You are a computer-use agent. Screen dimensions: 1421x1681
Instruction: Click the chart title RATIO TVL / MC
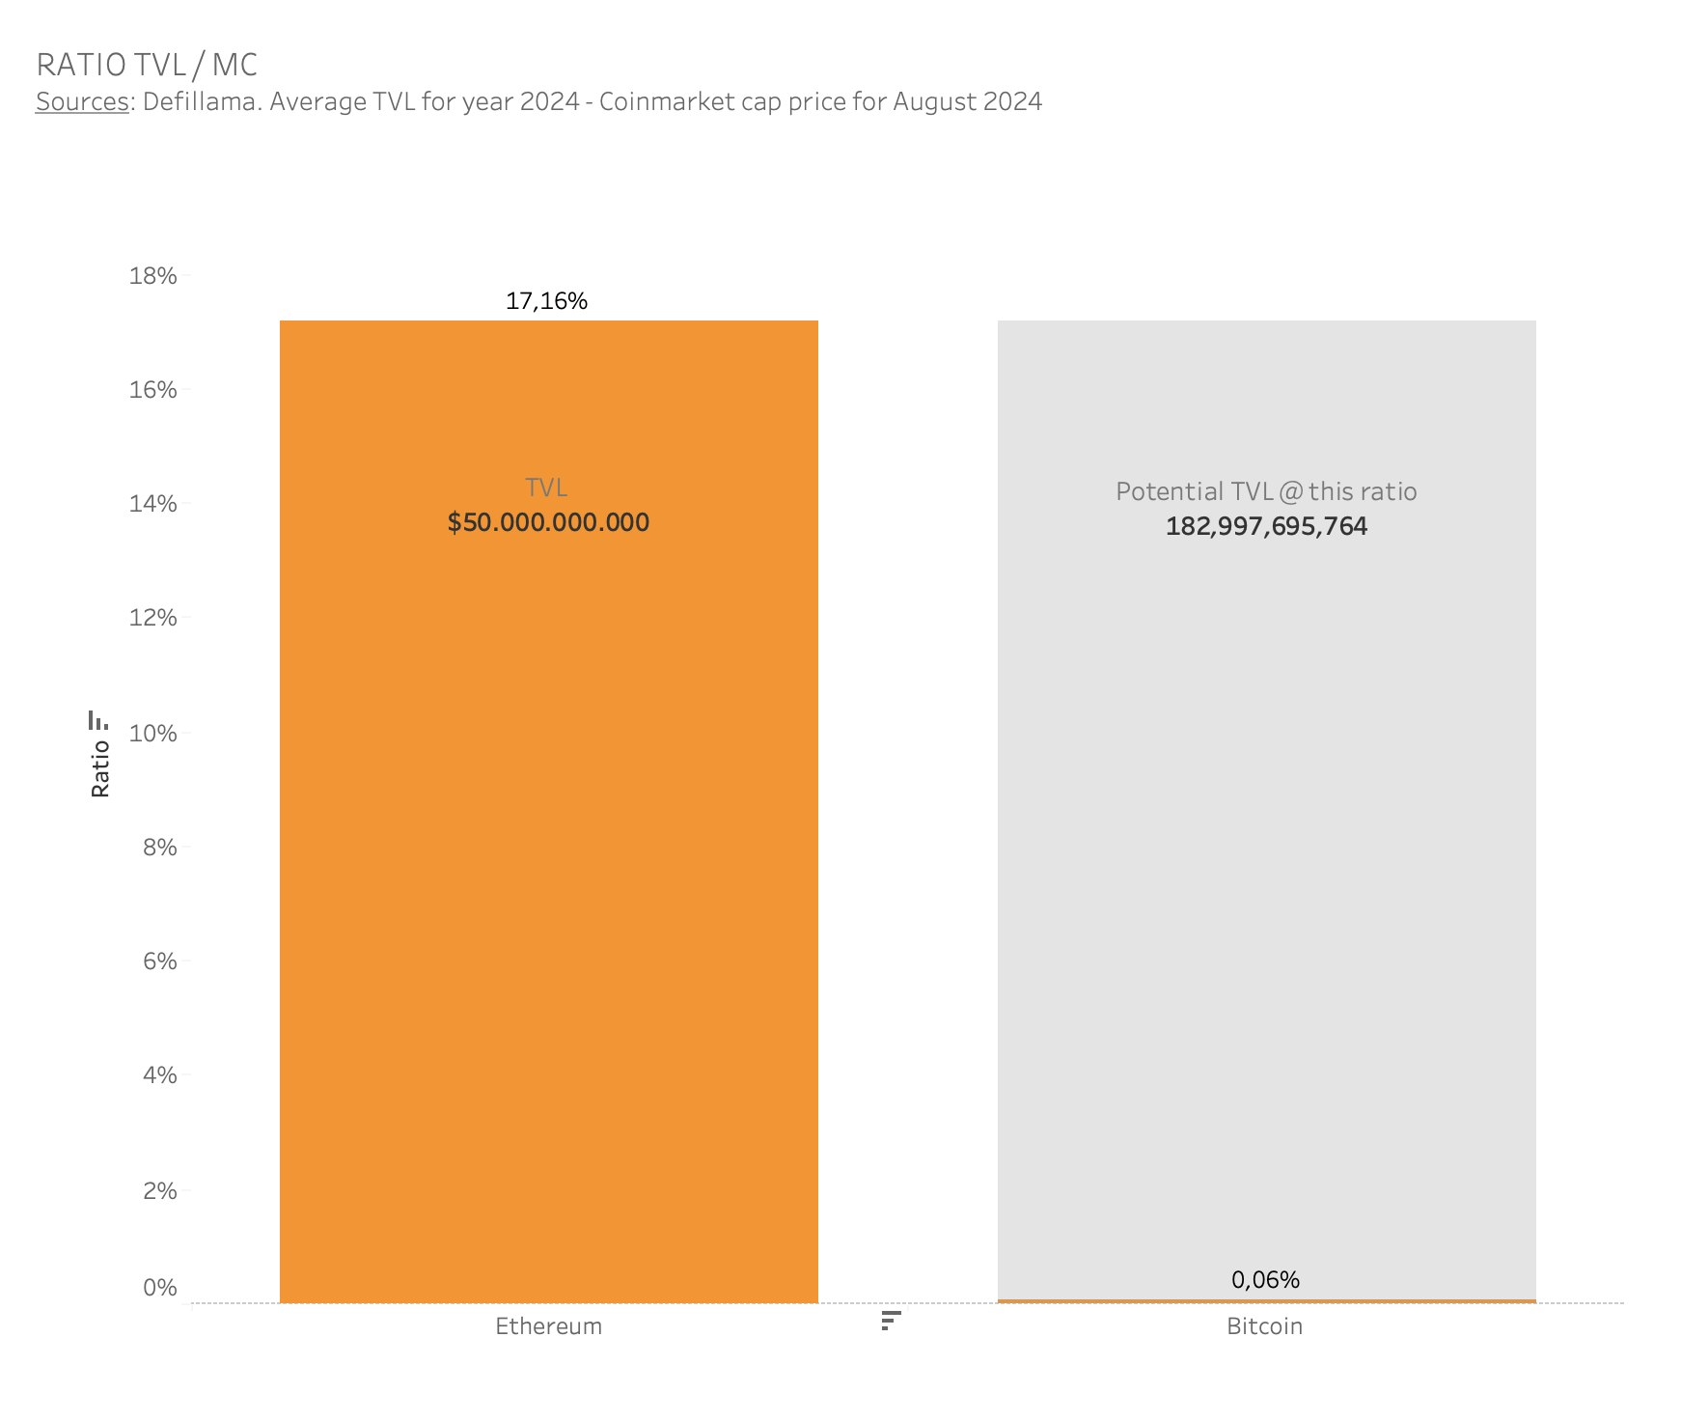[x=147, y=65]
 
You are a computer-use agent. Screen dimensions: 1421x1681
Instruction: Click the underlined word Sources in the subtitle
[x=82, y=101]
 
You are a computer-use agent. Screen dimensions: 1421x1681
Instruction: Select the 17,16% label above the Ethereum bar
[x=546, y=301]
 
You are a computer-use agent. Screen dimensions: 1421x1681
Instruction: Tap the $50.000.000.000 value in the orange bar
[x=548, y=522]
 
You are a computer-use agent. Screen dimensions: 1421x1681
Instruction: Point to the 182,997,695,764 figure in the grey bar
[x=1266, y=526]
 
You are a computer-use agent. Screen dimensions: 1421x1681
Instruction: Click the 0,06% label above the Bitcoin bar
[x=1265, y=1280]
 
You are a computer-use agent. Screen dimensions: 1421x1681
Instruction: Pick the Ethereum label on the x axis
[x=548, y=1326]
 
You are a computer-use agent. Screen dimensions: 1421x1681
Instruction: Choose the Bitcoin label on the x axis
[x=1264, y=1326]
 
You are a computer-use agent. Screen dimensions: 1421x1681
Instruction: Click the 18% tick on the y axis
[x=153, y=276]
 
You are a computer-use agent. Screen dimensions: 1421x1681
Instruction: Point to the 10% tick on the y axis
[x=153, y=734]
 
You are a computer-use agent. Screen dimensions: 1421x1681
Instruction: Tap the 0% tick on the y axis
[x=160, y=1288]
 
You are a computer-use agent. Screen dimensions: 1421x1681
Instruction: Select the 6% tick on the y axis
[x=160, y=961]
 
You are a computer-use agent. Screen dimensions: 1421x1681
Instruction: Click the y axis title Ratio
[x=100, y=768]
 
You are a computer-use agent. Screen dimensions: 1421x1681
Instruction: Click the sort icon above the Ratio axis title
[x=97, y=720]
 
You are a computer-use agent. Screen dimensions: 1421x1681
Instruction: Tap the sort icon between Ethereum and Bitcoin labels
[x=891, y=1321]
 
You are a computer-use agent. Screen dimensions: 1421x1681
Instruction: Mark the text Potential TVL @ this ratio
[x=1266, y=491]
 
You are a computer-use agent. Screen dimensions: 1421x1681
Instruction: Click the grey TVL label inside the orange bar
[x=546, y=488]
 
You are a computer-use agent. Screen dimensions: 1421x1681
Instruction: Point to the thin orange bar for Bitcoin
[x=1266, y=1301]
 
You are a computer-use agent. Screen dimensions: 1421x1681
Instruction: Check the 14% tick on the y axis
[x=153, y=504]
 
